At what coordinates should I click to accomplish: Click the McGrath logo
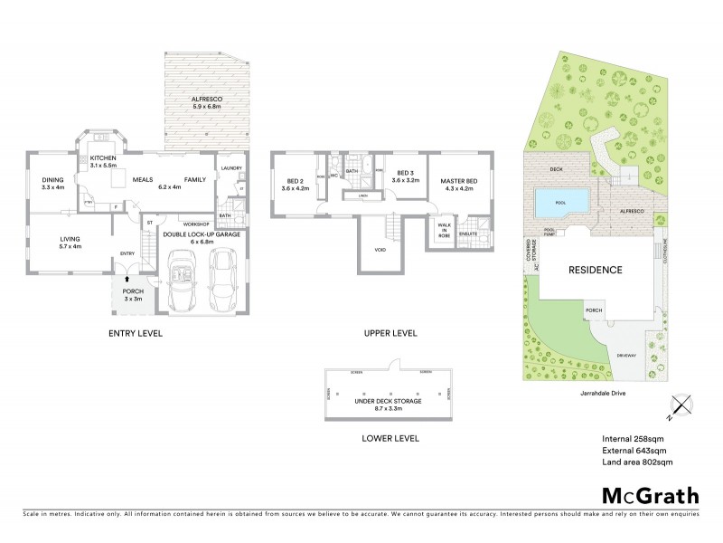[649, 495]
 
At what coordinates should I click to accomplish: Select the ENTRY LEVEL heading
[135, 333]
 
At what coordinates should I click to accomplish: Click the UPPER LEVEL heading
[390, 333]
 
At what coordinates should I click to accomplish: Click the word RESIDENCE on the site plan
[595, 270]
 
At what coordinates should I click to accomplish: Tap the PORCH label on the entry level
[133, 292]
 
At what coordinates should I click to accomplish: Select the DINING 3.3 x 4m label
[52, 183]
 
